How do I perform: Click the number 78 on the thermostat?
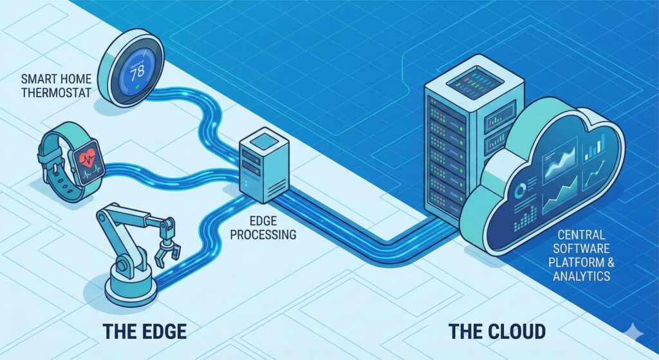click(x=137, y=73)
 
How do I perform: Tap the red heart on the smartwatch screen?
click(x=89, y=158)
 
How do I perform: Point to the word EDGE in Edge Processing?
click(x=263, y=221)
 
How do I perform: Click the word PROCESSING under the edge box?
click(x=263, y=234)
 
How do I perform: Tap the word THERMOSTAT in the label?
click(x=57, y=93)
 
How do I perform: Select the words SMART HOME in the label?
click(x=56, y=79)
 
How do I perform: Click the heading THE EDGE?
click(x=145, y=332)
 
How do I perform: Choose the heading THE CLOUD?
click(x=497, y=332)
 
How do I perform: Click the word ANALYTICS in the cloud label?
click(x=582, y=276)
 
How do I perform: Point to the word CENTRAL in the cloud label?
click(x=581, y=234)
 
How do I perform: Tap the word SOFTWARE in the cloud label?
click(x=581, y=248)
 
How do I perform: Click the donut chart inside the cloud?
click(x=520, y=190)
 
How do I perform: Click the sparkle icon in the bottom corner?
click(x=633, y=332)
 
